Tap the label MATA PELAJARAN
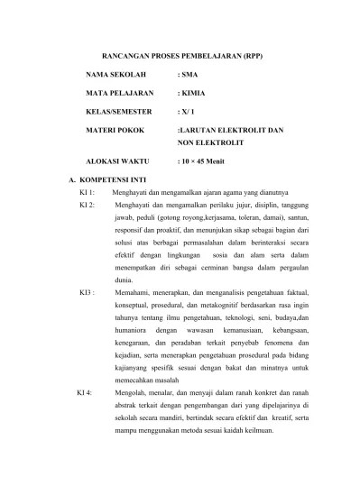point(119,93)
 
